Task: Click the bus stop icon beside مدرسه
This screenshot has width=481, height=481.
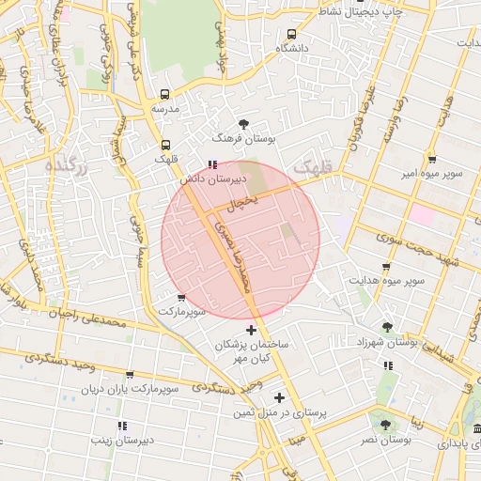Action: pyautogui.click(x=165, y=95)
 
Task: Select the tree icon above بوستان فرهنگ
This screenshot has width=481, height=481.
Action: pyautogui.click(x=244, y=123)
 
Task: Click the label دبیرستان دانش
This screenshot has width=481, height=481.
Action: pyautogui.click(x=213, y=177)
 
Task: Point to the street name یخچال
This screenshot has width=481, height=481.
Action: pyautogui.click(x=242, y=201)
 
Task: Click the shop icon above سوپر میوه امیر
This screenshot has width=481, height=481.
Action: pyautogui.click(x=431, y=160)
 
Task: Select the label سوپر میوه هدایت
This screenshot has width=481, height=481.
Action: pyautogui.click(x=387, y=280)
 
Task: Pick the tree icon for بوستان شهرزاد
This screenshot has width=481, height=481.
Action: pyautogui.click(x=387, y=327)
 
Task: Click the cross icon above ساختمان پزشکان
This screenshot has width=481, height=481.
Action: pyautogui.click(x=251, y=330)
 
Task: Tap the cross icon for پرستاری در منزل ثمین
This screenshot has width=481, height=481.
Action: pyautogui.click(x=279, y=397)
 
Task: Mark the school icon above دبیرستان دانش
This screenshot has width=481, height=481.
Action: pyautogui.click(x=211, y=163)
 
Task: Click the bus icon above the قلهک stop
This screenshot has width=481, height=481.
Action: pyautogui.click(x=165, y=145)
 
